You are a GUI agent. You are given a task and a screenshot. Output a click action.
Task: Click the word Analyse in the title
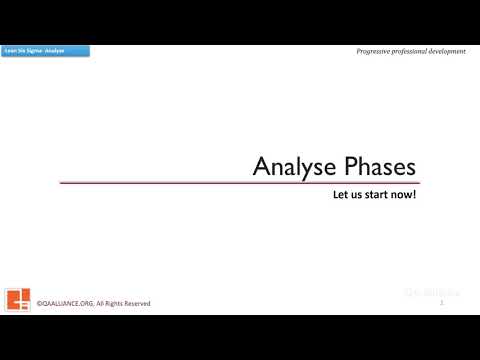coord(286,166)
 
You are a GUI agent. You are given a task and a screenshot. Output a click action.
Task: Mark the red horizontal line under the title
coord(240,183)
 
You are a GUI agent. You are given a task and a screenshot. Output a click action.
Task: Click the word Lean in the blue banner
coord(11,50)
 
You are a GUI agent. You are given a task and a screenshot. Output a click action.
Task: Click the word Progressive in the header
coord(375,51)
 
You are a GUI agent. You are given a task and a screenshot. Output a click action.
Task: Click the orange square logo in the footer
coord(18,298)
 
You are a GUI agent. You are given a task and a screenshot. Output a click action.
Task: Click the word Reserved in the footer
coord(140,303)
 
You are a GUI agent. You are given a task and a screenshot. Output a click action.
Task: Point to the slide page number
coord(441,301)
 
